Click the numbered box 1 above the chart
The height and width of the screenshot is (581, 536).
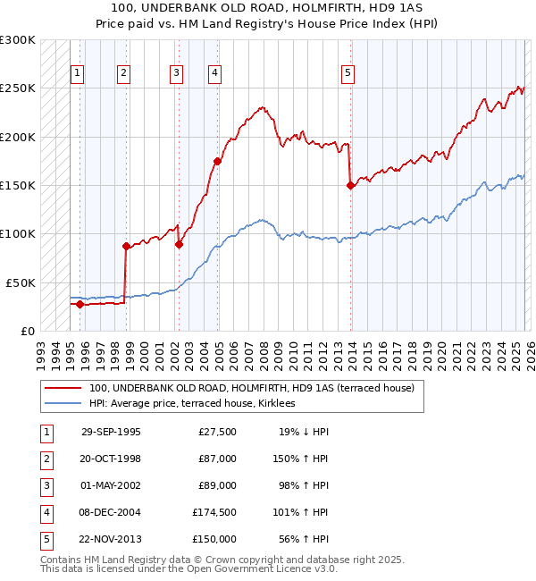(79, 74)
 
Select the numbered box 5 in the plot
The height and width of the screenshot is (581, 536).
(348, 74)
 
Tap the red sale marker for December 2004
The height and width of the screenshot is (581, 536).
(217, 162)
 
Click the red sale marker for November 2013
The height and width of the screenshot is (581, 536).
(350, 185)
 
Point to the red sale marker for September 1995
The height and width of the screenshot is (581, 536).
(80, 304)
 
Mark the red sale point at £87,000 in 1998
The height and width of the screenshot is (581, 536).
(126, 247)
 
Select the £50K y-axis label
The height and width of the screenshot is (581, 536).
(21, 282)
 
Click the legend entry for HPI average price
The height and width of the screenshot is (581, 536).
(197, 404)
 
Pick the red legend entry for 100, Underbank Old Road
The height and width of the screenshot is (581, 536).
(251, 389)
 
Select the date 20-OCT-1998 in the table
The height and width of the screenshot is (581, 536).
(111, 459)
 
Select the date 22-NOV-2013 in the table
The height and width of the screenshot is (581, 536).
(111, 540)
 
